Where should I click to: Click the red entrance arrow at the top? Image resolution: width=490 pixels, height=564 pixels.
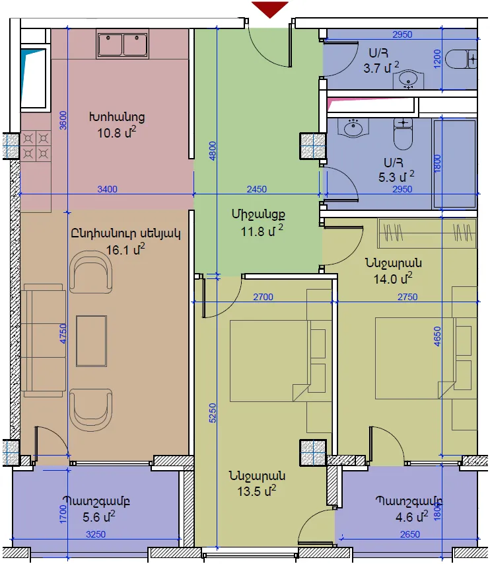click(x=270, y=9)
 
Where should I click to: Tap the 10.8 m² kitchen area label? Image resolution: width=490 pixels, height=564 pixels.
click(x=117, y=132)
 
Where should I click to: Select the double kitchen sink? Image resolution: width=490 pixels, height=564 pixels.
click(x=123, y=44)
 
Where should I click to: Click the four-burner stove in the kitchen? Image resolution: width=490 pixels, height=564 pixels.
click(x=36, y=146)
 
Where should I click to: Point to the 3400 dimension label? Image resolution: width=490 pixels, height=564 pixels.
click(x=108, y=189)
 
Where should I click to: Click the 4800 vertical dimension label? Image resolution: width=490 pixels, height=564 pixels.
click(x=212, y=151)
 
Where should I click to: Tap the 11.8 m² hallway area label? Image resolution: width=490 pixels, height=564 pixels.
click(x=262, y=231)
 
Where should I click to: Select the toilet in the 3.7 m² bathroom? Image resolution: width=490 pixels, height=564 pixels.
click(x=461, y=59)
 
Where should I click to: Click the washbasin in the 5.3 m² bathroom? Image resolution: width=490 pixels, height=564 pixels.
click(x=353, y=128)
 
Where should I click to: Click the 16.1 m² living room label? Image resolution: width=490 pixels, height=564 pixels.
click(x=125, y=249)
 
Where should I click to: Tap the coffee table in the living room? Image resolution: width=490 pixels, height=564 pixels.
click(x=91, y=341)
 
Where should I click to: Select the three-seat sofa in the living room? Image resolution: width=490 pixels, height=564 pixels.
click(x=44, y=340)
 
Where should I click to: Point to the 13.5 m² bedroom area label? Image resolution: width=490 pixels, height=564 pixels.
click(x=256, y=491)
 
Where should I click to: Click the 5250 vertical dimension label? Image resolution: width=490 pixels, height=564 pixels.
click(x=212, y=413)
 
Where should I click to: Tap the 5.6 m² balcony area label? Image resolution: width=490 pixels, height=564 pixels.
click(x=99, y=516)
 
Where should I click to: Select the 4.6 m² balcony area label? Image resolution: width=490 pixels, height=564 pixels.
click(x=411, y=516)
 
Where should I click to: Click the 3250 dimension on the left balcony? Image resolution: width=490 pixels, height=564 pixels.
click(x=96, y=534)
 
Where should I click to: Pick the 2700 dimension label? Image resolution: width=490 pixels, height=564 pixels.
click(x=263, y=297)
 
